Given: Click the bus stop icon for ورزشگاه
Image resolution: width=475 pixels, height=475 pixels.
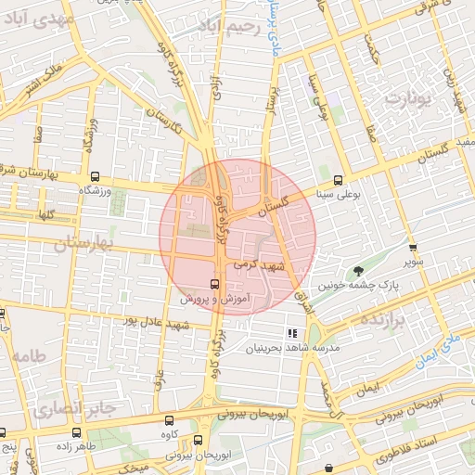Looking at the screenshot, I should coord(95,176).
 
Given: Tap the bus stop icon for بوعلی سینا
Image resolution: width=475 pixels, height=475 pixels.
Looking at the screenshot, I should coord(338,181).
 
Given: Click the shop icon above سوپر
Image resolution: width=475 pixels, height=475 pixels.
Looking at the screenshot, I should coord(413,248).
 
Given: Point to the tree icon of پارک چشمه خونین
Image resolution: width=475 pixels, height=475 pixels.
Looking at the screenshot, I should coord(357,272).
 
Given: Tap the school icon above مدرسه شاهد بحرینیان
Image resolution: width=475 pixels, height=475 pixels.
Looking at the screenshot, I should coord(292,332).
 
